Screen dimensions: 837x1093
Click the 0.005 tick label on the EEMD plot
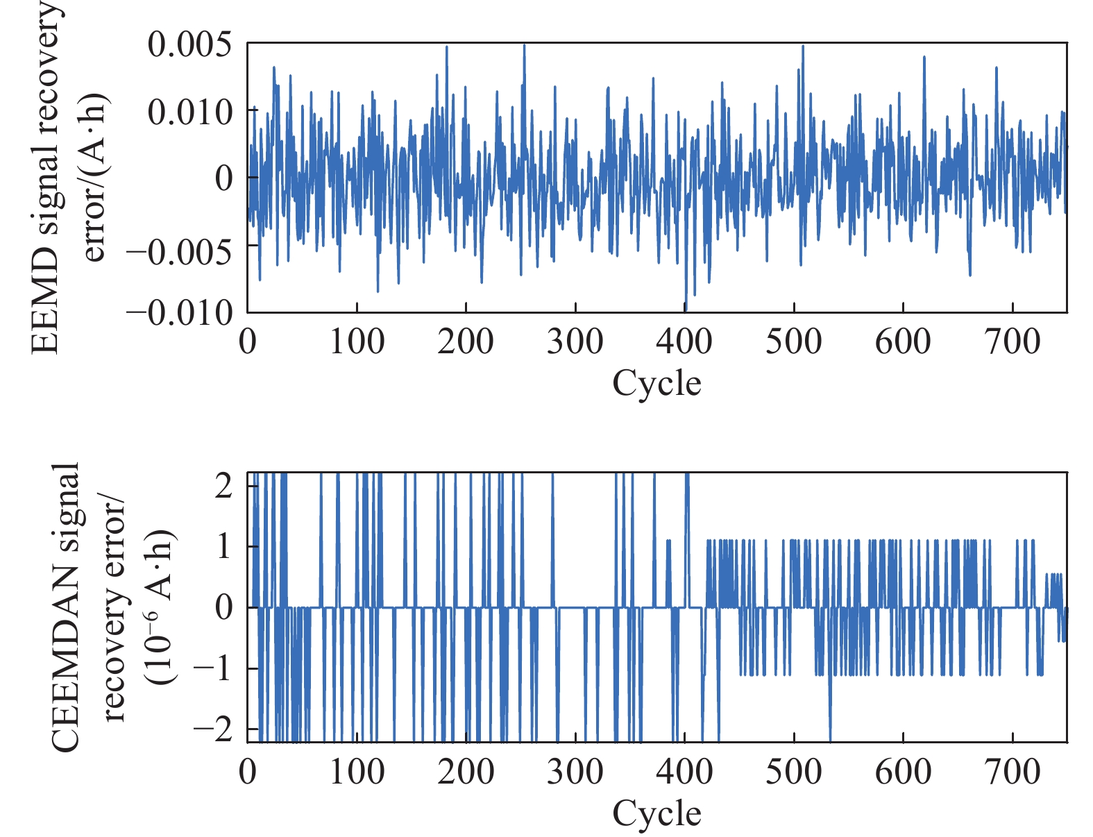(189, 45)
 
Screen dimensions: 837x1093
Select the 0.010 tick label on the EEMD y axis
(189, 112)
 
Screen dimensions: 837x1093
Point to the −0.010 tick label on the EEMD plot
(180, 314)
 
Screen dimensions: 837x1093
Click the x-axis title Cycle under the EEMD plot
(656, 383)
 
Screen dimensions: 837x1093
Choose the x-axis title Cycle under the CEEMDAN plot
(656, 813)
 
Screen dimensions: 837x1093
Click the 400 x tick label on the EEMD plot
(684, 341)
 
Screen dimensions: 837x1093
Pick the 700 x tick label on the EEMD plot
(1013, 341)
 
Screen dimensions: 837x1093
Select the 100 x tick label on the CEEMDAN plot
(357, 772)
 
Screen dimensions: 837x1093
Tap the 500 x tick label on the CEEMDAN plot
(794, 772)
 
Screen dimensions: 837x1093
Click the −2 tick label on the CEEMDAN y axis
(214, 730)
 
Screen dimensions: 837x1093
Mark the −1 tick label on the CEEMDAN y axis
(214, 669)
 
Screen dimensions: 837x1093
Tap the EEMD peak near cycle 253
(524, 46)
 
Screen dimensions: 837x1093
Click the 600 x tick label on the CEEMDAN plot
(903, 772)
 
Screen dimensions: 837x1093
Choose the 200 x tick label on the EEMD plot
(466, 341)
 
